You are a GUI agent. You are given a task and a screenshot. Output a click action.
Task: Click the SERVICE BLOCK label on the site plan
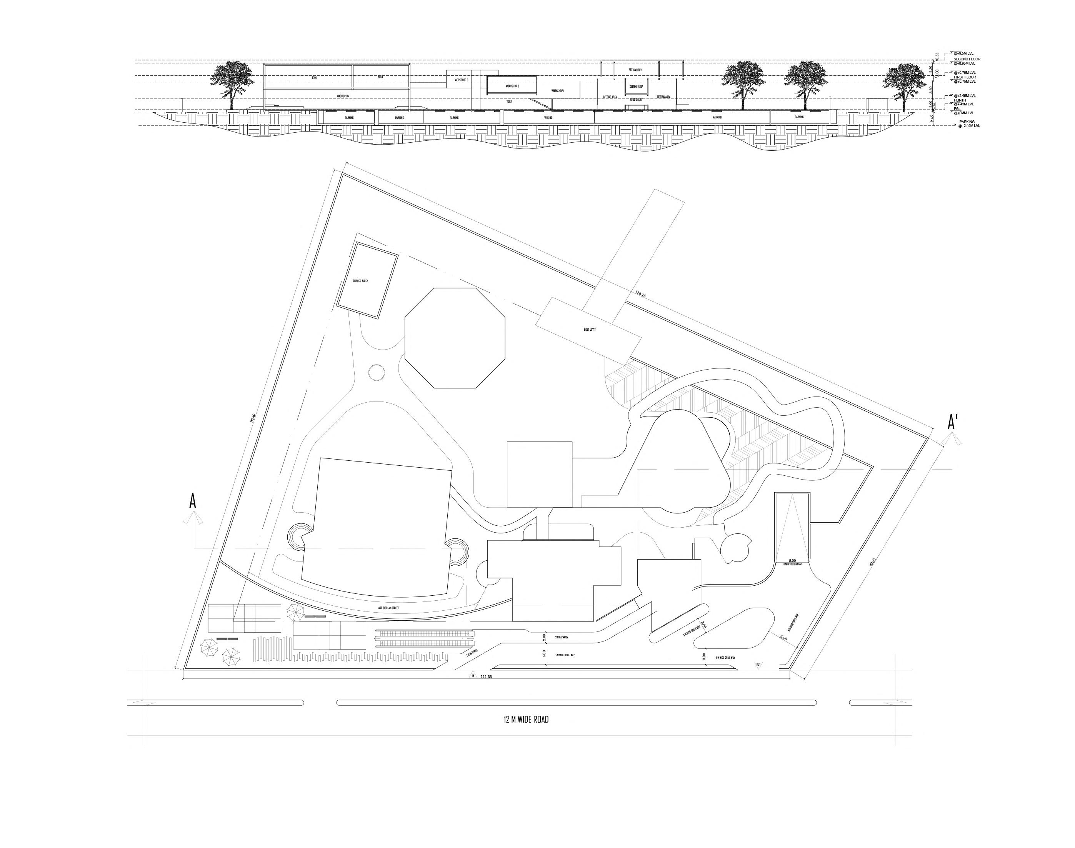coord(360,281)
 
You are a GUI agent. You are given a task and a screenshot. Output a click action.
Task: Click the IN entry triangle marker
coord(473,675)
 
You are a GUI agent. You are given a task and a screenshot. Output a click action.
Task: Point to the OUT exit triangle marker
coord(758,664)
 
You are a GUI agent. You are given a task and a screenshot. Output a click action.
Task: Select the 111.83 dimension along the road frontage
coord(486,677)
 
